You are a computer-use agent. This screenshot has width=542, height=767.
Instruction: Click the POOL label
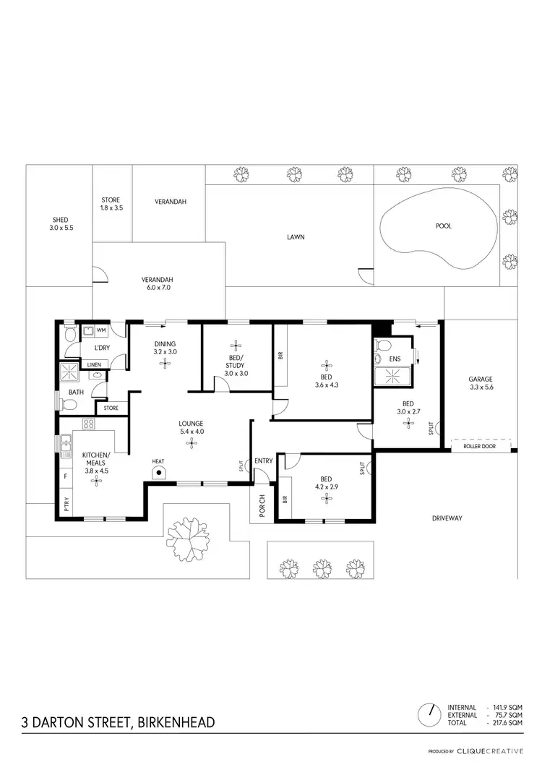[x=444, y=226]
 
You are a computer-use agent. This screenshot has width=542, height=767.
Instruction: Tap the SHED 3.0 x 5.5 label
[x=60, y=223]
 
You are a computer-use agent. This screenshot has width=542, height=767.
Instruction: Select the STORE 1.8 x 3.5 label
[x=111, y=204]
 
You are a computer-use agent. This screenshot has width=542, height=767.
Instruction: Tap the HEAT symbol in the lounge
[x=158, y=472]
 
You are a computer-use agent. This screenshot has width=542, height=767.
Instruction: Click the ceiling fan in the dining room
[x=165, y=364]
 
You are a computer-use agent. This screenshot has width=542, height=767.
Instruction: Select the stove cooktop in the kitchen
[x=90, y=424]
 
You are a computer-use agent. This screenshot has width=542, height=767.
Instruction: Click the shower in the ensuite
[x=393, y=376]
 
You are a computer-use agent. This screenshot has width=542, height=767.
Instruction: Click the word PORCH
[x=262, y=507]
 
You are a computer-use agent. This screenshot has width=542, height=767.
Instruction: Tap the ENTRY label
[x=264, y=460]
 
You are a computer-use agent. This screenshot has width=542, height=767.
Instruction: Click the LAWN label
[x=295, y=236]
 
